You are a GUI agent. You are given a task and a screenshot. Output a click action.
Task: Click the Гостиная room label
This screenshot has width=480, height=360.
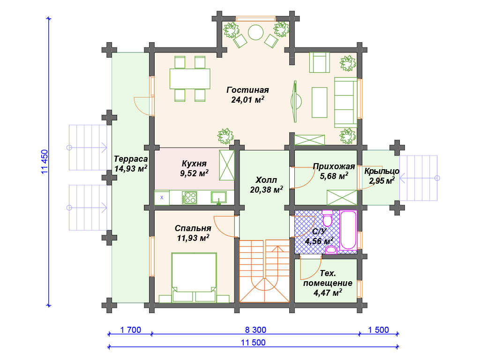[247, 90]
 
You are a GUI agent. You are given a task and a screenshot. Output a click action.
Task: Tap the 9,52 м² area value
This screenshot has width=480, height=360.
[195, 173]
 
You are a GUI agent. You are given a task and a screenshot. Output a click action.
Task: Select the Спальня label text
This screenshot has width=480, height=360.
[193, 228]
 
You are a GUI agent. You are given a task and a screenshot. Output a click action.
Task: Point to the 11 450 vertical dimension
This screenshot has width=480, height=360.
[45, 162]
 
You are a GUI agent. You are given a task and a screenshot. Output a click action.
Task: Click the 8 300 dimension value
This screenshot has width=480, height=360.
[255, 330]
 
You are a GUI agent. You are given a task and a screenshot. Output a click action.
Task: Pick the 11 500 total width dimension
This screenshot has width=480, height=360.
[253, 343]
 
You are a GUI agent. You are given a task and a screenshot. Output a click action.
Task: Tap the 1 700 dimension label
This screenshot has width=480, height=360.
[131, 330]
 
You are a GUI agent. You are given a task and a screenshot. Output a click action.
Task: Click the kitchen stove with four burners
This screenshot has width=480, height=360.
[189, 198]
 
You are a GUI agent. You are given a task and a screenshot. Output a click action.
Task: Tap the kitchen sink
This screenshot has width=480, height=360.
[218, 197]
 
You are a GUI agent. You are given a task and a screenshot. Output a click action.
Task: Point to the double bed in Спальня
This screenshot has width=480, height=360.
[194, 277]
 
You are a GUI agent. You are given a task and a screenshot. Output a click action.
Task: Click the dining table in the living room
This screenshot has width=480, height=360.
[190, 79]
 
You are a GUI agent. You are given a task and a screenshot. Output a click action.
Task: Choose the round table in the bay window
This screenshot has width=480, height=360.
[255, 32]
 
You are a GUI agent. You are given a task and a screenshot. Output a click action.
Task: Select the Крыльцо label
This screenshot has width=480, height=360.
[382, 171]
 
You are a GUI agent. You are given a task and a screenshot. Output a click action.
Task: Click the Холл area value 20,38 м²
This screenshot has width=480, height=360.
[266, 190]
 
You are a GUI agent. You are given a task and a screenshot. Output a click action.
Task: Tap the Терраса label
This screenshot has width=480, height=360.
[131, 159]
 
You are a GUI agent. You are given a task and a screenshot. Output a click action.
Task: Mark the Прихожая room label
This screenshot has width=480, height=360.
[334, 166]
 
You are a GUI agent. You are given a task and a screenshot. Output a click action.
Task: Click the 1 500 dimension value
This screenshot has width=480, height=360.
[378, 330]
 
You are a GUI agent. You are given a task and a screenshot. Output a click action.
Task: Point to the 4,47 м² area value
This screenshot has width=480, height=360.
[328, 293]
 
